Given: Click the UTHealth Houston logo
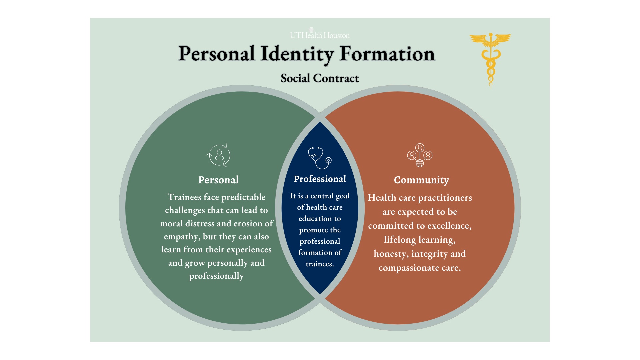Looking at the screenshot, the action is pyautogui.click(x=320, y=33).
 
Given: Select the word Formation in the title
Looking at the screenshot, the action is pyautogui.click(x=387, y=54).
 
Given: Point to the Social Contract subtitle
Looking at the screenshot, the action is pyautogui.click(x=320, y=78).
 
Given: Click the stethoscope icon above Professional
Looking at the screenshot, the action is pyautogui.click(x=320, y=158).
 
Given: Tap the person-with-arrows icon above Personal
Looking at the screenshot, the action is pyautogui.click(x=218, y=155).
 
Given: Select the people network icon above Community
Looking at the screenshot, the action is pyautogui.click(x=420, y=155).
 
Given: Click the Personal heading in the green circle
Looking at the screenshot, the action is pyautogui.click(x=218, y=180).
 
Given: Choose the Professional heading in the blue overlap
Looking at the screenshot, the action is pyautogui.click(x=320, y=179).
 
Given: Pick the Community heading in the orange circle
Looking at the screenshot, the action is pyautogui.click(x=421, y=180).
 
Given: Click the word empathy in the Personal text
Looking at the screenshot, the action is pyautogui.click(x=182, y=237).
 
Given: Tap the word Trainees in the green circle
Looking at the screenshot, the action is pyautogui.click(x=184, y=197).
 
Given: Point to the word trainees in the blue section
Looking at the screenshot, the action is pyautogui.click(x=320, y=264).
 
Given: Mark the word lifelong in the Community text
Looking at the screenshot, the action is pyautogui.click(x=400, y=240).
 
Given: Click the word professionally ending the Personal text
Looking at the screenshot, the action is pyautogui.click(x=216, y=276).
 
